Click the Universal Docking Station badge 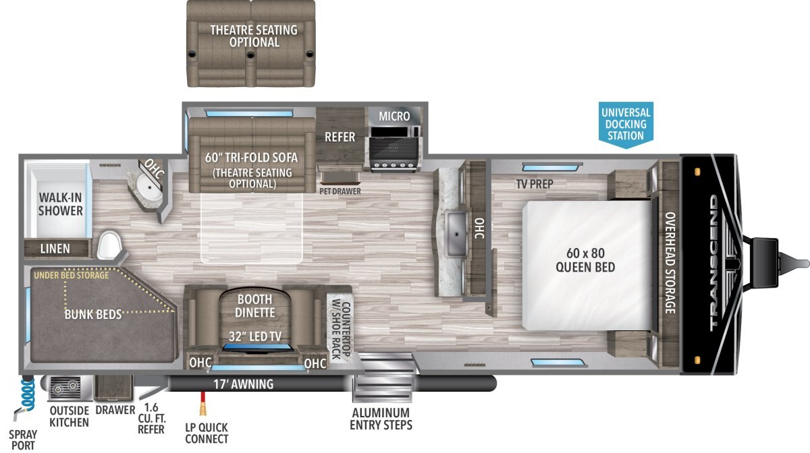626,125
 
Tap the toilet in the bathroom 109,245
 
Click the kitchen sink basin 457,234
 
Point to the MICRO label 394,117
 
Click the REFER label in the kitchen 340,137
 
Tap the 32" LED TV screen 257,348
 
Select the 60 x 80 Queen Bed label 585,260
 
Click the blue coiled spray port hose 28,394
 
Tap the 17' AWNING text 244,384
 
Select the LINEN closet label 55,249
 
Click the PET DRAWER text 340,191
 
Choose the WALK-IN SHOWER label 60,204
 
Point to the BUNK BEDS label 93,315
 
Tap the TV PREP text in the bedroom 535,184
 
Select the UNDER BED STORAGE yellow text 72,275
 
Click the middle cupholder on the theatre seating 250,55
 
